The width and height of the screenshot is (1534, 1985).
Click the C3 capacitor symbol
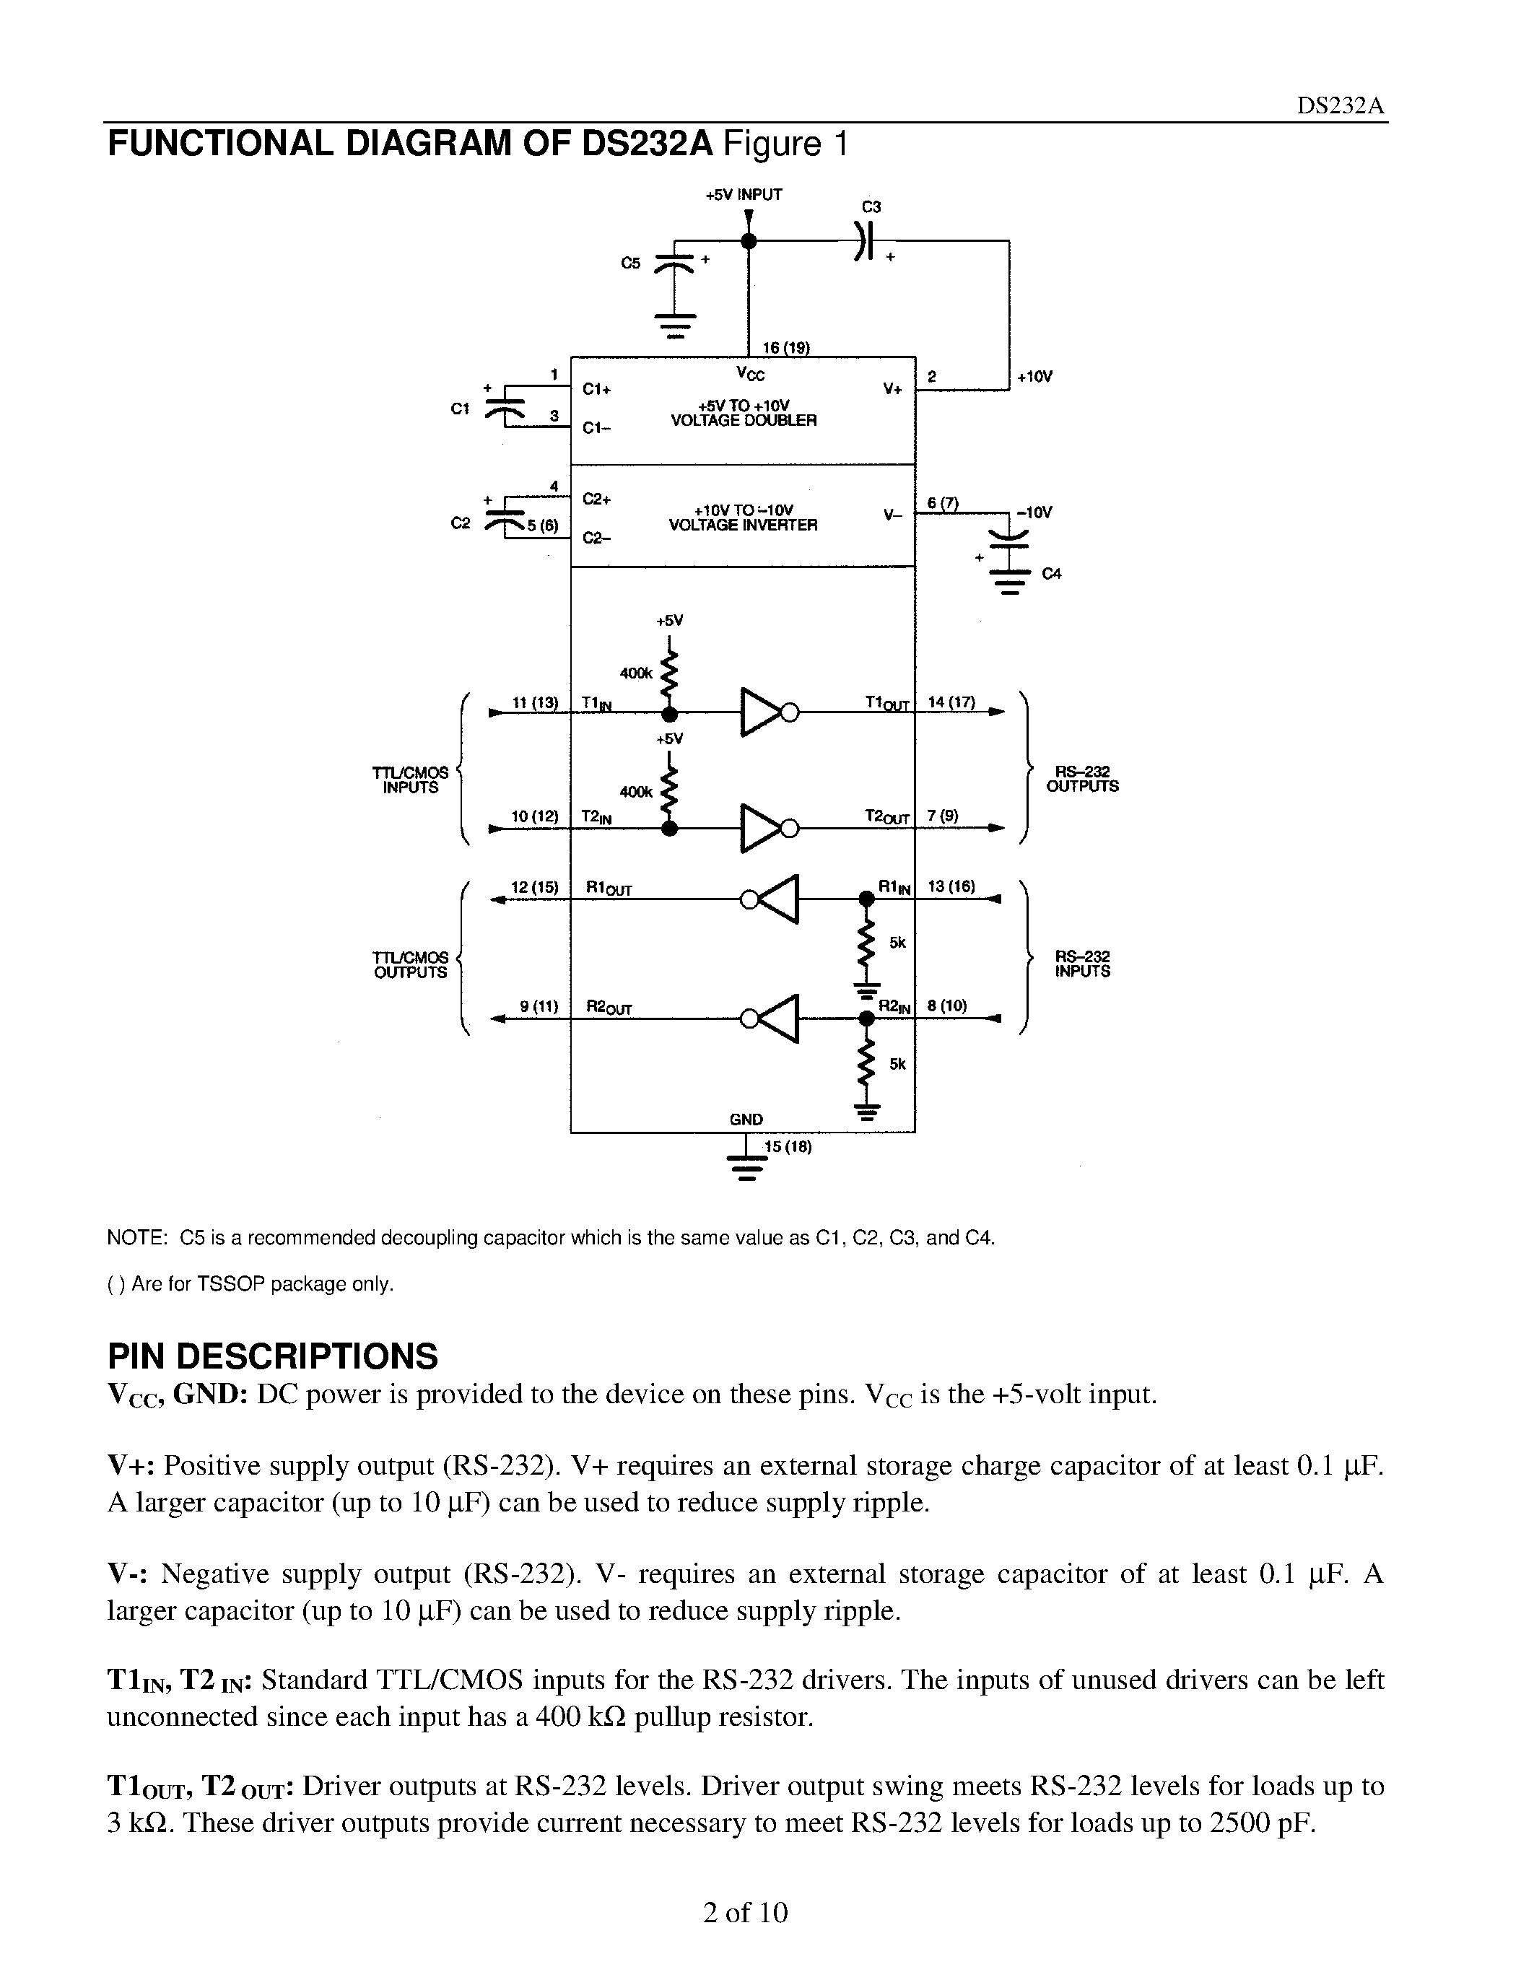[x=864, y=242]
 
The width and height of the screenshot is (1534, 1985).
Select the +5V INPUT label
[x=744, y=194]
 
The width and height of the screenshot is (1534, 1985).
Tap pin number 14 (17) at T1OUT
[x=951, y=702]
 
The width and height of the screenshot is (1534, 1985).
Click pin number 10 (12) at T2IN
[x=534, y=816]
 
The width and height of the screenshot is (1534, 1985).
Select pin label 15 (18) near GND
[x=787, y=1147]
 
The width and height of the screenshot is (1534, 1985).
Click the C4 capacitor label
[x=1052, y=574]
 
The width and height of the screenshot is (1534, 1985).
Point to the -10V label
[x=1034, y=512]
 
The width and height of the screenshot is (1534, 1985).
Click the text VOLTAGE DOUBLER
[x=744, y=421]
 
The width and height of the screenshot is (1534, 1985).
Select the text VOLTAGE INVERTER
[x=743, y=525]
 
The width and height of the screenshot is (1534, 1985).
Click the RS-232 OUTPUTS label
[x=1082, y=779]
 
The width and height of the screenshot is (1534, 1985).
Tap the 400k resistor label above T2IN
[x=636, y=793]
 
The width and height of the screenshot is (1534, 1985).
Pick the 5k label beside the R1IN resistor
[x=898, y=943]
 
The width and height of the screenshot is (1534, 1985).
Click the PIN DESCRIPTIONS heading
[x=273, y=1356]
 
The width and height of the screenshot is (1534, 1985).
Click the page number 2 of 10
[x=745, y=1914]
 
